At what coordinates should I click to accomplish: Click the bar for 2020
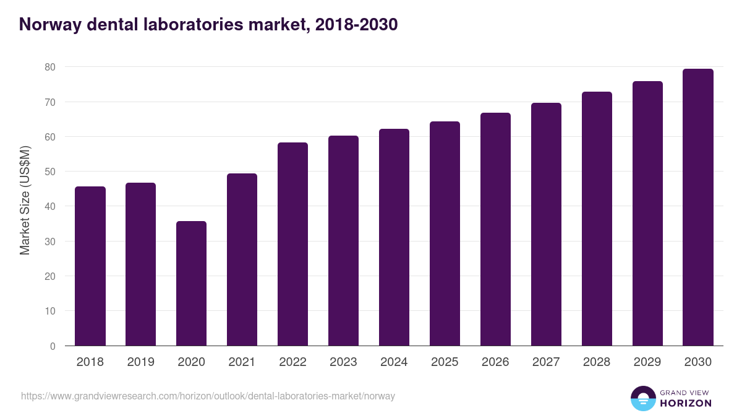(191, 284)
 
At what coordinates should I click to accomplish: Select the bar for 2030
(698, 207)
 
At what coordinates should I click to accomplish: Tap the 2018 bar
(90, 266)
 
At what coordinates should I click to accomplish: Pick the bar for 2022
(292, 244)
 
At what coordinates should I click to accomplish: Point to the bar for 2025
(445, 233)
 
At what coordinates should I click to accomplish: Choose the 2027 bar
(546, 224)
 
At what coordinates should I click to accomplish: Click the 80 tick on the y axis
(49, 67)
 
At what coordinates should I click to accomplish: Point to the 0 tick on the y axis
(53, 346)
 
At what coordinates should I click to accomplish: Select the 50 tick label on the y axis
(49, 172)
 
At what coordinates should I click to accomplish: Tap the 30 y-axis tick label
(49, 242)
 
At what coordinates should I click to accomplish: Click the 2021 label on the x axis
(242, 362)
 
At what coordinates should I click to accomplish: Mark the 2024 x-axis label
(394, 362)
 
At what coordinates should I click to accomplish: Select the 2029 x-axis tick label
(647, 362)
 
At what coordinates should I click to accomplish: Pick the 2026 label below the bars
(495, 362)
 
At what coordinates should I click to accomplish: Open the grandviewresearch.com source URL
(208, 396)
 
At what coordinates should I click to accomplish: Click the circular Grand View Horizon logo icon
(643, 398)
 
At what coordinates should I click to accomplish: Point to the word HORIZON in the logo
(686, 403)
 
